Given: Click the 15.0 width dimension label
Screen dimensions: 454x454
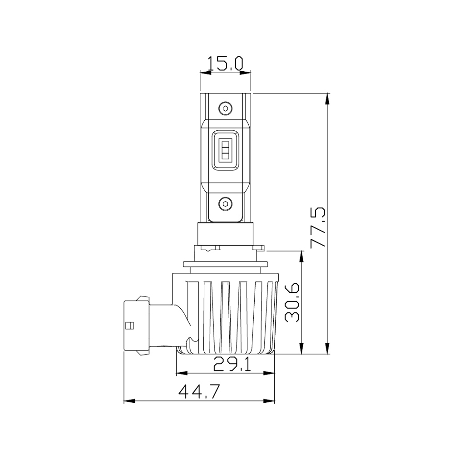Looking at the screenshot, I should [x=225, y=63].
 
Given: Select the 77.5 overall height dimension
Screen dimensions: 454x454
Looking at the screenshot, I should [x=318, y=227].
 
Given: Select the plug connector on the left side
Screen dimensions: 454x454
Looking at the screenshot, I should [x=136, y=325].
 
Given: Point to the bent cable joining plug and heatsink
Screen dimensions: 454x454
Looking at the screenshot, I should [x=182, y=320].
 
